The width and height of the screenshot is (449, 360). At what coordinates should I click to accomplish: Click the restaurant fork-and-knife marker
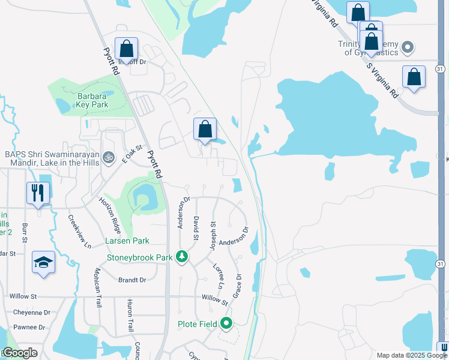click(38, 193)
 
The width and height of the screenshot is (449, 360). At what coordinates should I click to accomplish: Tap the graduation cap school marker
click(43, 262)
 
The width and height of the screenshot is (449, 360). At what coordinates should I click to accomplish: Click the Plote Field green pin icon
click(226, 324)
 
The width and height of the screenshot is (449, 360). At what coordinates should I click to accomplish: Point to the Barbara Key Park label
click(91, 100)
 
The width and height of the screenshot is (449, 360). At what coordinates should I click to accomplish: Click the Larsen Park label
click(127, 241)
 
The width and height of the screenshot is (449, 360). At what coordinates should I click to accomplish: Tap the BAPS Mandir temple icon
click(109, 158)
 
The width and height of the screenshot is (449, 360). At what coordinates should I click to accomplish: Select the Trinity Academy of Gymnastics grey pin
click(408, 47)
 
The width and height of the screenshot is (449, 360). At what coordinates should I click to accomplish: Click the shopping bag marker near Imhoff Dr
click(127, 48)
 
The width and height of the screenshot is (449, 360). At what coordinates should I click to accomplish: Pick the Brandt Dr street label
click(132, 280)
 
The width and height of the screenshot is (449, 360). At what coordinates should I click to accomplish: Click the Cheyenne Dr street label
click(30, 312)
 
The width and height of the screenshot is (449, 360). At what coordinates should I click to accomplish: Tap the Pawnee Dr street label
click(29, 327)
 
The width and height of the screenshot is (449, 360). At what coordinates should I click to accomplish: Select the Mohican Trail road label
click(98, 287)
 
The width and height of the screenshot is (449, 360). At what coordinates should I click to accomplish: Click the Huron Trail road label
click(130, 316)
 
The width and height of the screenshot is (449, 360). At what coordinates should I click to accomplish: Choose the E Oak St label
click(131, 154)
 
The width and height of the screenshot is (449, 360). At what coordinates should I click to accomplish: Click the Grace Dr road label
click(237, 286)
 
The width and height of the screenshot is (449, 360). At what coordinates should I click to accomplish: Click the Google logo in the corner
click(20, 353)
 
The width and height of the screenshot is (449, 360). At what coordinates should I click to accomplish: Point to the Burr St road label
click(25, 232)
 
